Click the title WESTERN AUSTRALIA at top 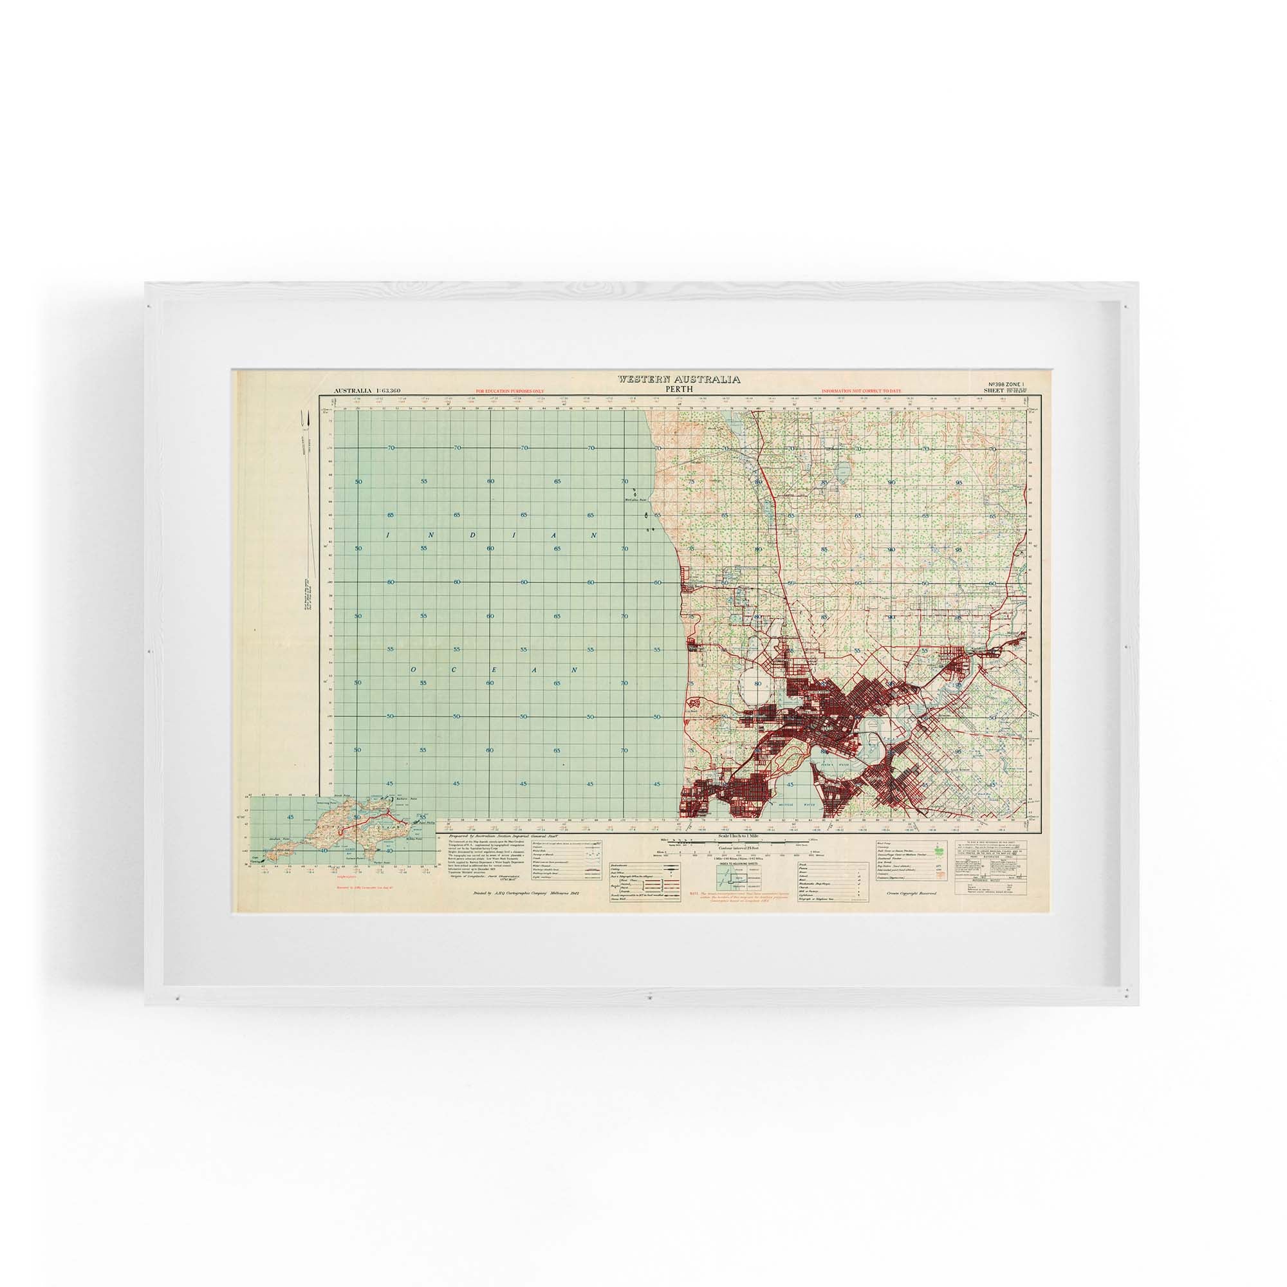(678, 379)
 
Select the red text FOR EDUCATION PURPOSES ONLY (510, 393)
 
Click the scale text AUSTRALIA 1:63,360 (366, 392)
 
